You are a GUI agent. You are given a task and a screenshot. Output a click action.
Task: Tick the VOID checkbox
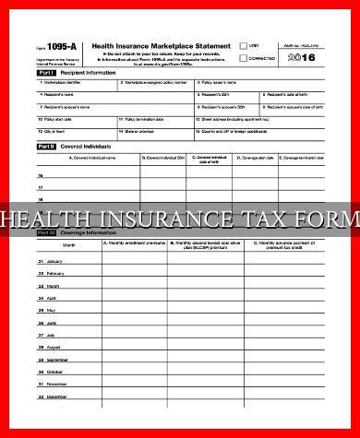[243, 44]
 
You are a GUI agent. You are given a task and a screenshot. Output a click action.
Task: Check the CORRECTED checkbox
[243, 58]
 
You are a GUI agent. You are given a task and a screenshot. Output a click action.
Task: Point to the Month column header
[68, 245]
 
